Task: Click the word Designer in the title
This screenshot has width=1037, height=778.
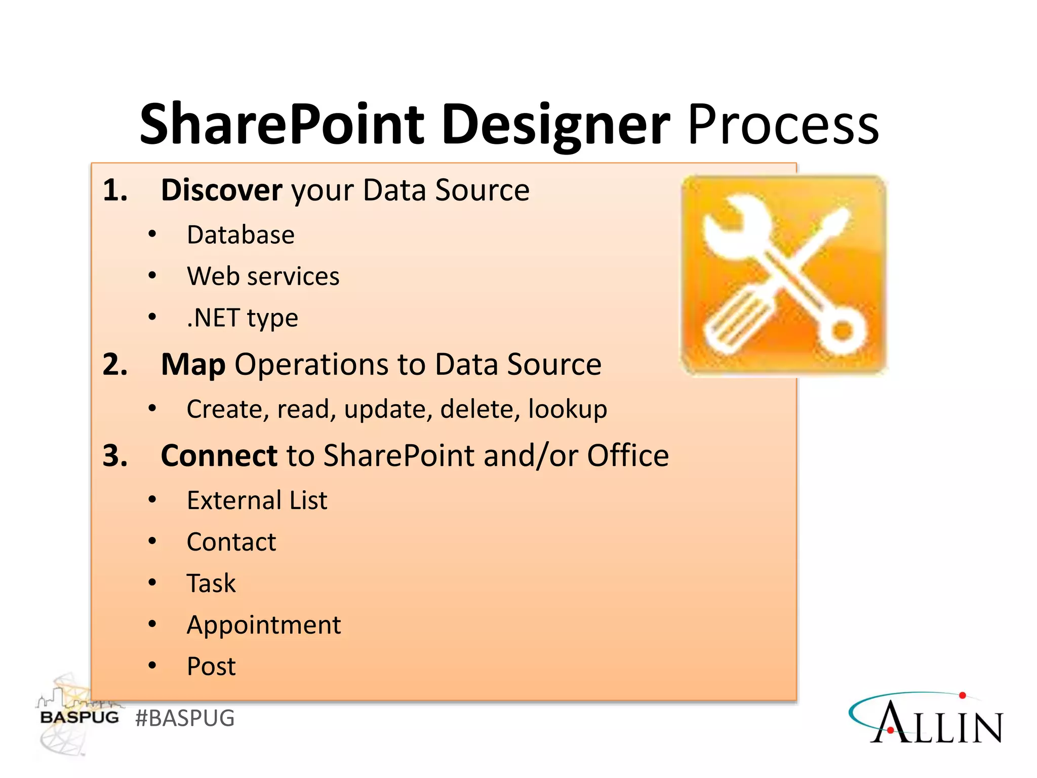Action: point(555,124)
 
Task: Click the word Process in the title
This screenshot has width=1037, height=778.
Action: point(783,124)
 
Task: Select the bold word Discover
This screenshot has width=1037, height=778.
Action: point(221,190)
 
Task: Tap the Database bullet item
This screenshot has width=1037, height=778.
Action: point(241,235)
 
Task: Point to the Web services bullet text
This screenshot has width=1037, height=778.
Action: point(263,277)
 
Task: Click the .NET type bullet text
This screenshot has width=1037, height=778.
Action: point(242,318)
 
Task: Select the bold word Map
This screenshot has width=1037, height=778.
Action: point(193,364)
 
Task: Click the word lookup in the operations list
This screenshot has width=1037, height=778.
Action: point(567,409)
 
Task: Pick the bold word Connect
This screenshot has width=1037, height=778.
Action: point(219,455)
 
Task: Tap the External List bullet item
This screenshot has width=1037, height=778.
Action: point(257,500)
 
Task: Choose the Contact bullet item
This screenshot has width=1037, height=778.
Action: point(231,542)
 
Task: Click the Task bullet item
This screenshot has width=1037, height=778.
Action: point(211,583)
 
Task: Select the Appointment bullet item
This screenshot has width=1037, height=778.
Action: point(263,625)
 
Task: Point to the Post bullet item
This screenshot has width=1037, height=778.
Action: point(211,667)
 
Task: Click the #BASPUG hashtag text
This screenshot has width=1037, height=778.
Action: point(185,718)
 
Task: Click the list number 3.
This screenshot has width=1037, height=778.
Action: point(114,455)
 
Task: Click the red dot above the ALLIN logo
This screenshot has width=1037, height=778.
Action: point(963,695)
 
